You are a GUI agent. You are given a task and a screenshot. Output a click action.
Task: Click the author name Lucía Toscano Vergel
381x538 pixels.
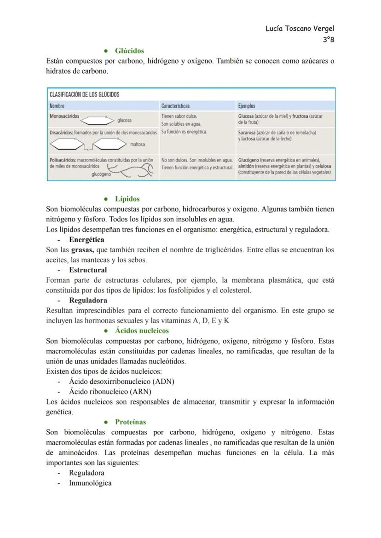click(x=300, y=29)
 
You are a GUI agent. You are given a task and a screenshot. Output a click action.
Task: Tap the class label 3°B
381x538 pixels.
click(x=328, y=40)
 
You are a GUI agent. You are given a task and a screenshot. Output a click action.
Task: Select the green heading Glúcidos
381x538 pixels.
click(x=129, y=51)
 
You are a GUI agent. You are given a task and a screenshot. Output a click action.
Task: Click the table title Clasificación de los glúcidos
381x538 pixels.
click(x=84, y=94)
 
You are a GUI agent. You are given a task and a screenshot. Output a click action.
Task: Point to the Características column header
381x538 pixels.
click(x=175, y=106)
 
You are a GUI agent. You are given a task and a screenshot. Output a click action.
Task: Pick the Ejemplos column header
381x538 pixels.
click(x=247, y=106)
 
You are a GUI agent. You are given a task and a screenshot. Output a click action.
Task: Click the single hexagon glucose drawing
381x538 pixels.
click(x=97, y=121)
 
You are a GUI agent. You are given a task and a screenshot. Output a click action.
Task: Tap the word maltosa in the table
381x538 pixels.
click(x=138, y=145)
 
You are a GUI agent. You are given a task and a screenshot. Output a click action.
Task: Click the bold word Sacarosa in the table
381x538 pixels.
click(x=248, y=133)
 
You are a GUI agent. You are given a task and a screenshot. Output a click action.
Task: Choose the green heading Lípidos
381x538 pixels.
click(x=127, y=199)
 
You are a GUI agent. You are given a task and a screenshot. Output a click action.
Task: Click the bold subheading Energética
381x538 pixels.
click(x=87, y=240)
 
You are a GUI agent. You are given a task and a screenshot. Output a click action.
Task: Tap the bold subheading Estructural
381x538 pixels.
click(x=87, y=270)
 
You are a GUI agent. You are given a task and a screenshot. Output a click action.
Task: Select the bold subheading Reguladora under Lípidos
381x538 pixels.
click(x=88, y=301)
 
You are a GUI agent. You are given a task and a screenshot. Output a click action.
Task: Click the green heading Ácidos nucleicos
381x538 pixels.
click(x=142, y=330)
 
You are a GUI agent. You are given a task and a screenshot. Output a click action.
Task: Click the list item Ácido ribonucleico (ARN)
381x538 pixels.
click(x=110, y=392)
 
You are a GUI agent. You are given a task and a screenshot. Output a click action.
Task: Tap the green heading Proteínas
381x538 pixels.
click(x=130, y=422)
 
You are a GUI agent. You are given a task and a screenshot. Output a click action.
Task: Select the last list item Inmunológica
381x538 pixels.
click(x=90, y=483)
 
